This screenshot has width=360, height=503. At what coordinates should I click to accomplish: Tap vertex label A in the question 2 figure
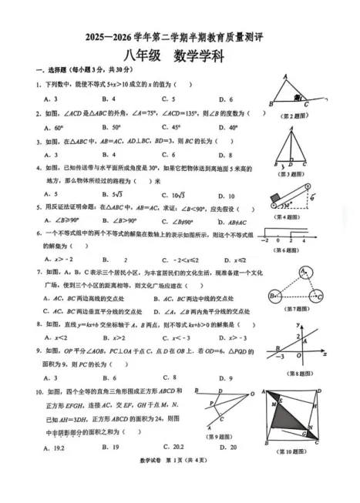[285, 76]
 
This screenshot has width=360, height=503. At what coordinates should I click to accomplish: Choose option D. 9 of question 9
[226, 377]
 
